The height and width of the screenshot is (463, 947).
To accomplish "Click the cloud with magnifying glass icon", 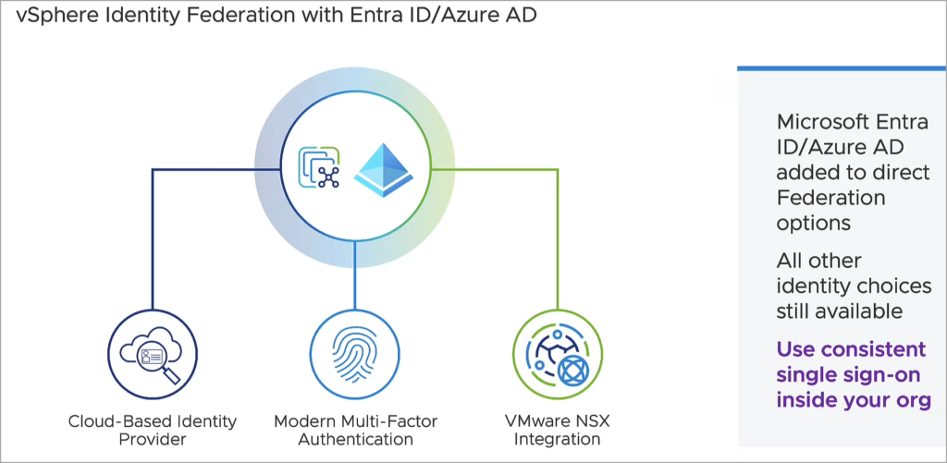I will pyautogui.click(x=151, y=353).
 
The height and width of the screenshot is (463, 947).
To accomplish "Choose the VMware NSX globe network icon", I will pyautogui.click(x=557, y=353).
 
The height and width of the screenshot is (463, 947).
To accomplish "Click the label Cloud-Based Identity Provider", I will pyautogui.click(x=153, y=430).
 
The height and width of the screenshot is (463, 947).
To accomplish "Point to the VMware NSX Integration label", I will pyautogui.click(x=557, y=430).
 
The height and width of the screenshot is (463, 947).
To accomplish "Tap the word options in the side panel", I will pyautogui.click(x=811, y=223).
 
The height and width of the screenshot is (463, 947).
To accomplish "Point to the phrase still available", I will pyautogui.click(x=839, y=311).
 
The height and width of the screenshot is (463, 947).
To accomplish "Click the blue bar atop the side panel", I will pyautogui.click(x=842, y=67).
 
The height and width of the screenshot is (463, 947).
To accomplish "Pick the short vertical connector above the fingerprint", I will pyautogui.click(x=354, y=277).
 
